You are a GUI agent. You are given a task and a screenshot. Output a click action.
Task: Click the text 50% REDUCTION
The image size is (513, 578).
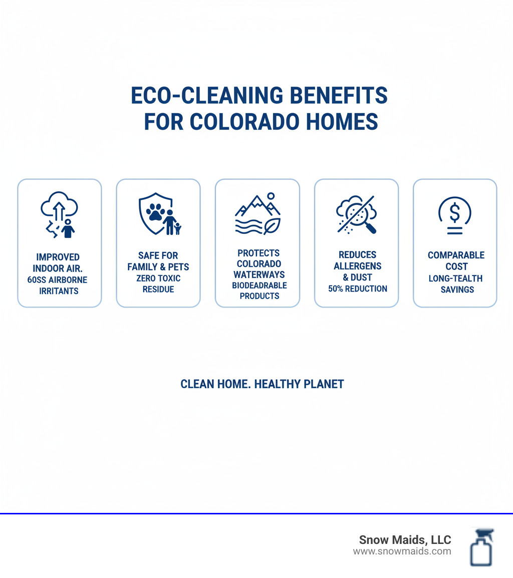(x=357, y=288)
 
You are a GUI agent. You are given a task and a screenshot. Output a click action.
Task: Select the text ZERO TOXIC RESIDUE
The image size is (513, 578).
(x=158, y=283)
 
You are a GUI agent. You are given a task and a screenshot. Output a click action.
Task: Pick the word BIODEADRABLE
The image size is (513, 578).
(x=259, y=285)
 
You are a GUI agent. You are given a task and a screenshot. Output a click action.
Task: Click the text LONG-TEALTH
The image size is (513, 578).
(x=455, y=278)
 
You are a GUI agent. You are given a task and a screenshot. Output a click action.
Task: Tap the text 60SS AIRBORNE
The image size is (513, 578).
(x=57, y=279)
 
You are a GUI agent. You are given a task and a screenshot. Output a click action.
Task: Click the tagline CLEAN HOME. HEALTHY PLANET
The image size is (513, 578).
(x=262, y=384)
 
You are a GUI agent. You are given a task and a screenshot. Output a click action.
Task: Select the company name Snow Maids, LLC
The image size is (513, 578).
(x=405, y=540)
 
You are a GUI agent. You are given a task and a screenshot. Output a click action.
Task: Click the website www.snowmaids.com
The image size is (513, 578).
(x=402, y=551)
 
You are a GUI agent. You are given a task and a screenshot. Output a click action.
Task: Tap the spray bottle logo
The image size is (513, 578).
(x=481, y=547)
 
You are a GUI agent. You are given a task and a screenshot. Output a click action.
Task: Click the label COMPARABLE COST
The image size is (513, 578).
(x=456, y=260)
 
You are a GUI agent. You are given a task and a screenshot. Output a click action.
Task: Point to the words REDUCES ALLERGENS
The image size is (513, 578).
(x=357, y=260)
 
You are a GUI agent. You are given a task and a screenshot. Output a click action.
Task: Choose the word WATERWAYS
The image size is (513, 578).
(x=259, y=274)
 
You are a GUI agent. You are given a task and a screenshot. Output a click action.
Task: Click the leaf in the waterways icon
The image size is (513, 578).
(x=272, y=226)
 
